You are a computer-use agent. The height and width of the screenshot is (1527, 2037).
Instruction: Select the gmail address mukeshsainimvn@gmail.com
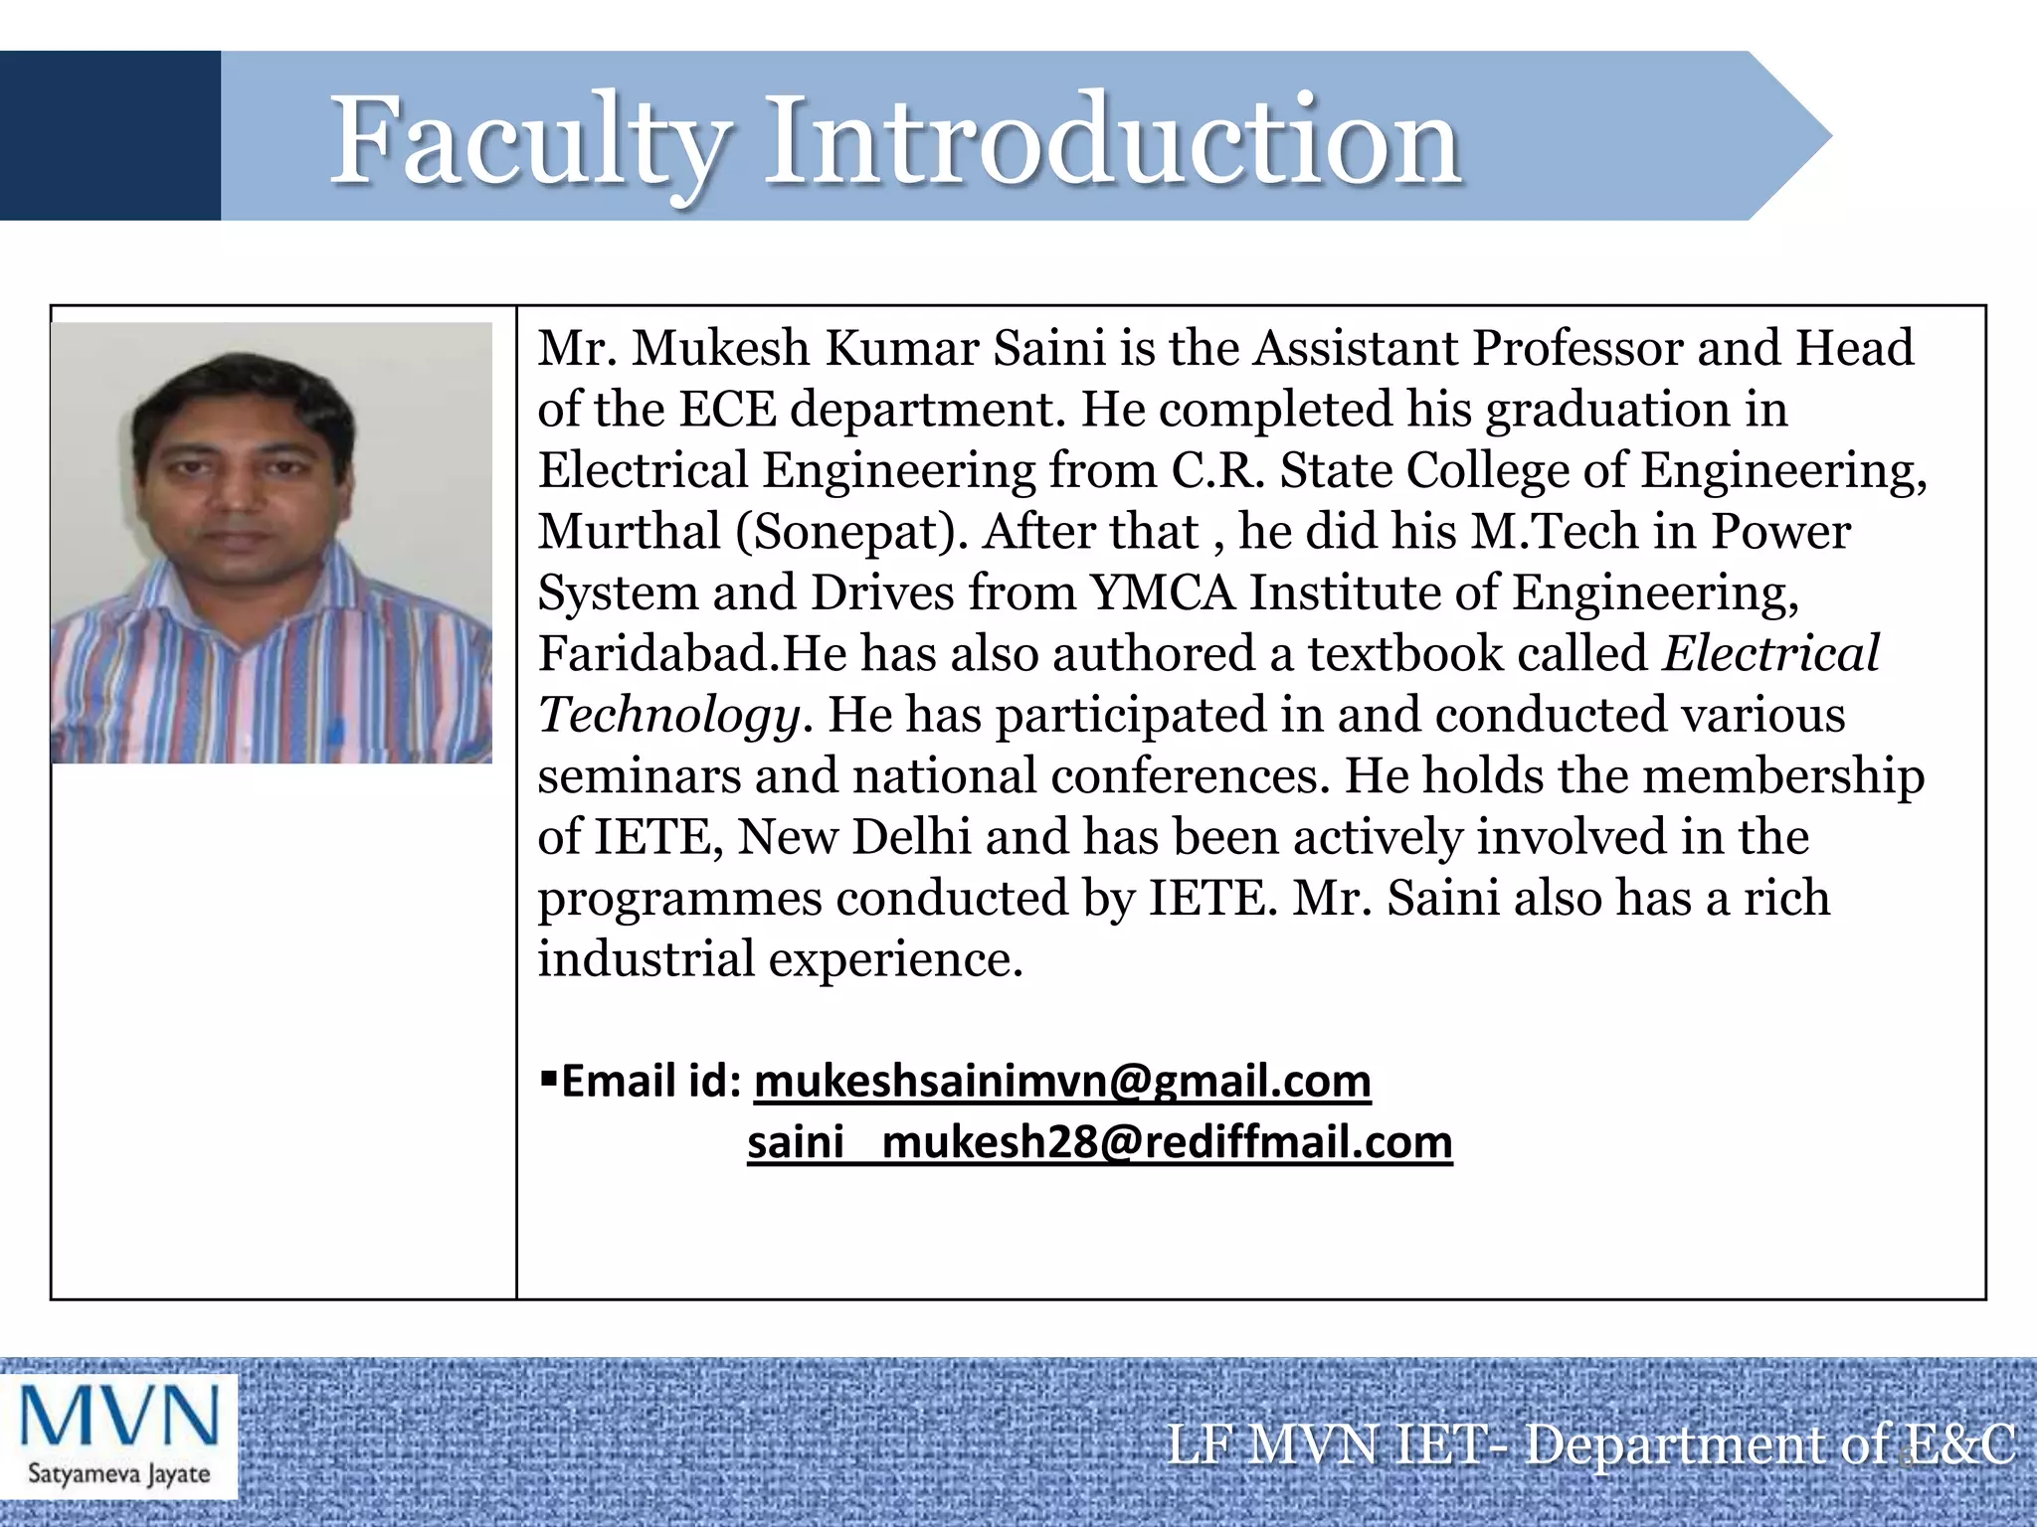[x=1062, y=1081]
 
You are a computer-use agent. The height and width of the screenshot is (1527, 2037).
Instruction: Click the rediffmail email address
[x=1099, y=1142]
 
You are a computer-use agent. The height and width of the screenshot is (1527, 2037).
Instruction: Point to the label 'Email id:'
[x=651, y=1081]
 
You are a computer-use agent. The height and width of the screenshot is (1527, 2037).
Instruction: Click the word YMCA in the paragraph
[x=1162, y=593]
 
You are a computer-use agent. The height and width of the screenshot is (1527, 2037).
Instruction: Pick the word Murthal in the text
[x=629, y=532]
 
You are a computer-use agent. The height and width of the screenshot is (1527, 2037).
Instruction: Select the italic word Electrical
[x=1770, y=654]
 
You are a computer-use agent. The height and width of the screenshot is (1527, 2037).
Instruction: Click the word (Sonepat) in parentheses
[x=851, y=532]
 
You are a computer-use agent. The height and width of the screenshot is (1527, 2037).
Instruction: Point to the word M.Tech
[x=1554, y=532]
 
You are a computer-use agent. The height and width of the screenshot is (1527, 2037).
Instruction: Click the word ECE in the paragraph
[x=727, y=410]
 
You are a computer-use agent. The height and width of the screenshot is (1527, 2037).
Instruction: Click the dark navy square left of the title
[x=109, y=135]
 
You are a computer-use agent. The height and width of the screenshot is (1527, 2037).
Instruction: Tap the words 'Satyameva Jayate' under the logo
[x=118, y=1472]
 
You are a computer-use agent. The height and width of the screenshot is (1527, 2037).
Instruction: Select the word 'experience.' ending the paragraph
[x=895, y=960]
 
